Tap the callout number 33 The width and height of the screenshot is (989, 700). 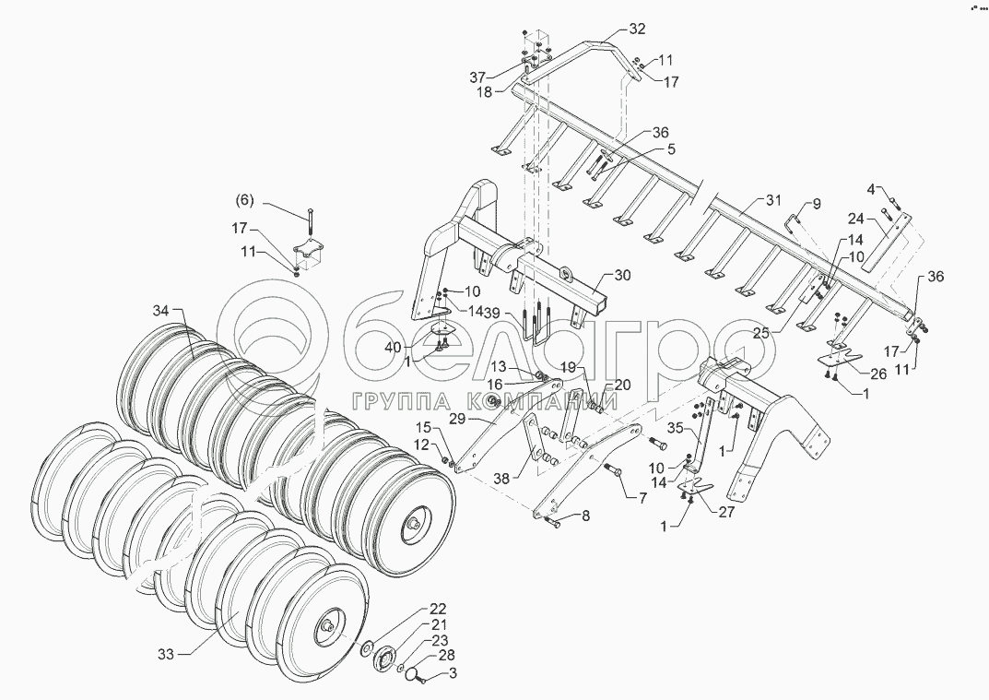(x=165, y=655)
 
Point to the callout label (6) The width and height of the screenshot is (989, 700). (x=242, y=200)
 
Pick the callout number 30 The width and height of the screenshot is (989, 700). (x=622, y=276)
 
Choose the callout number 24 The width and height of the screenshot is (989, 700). (x=856, y=219)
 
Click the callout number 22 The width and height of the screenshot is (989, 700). (x=437, y=610)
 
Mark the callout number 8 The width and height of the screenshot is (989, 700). (x=585, y=516)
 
